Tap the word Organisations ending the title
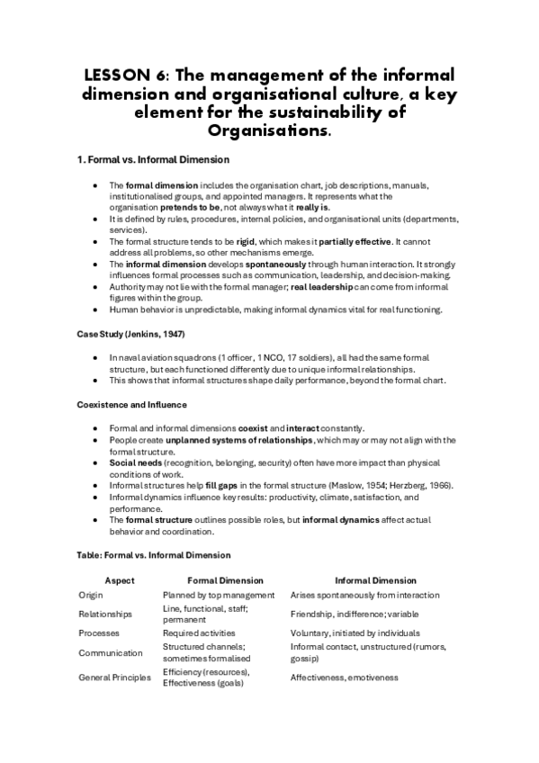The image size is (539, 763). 269,131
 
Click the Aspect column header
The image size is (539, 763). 120,580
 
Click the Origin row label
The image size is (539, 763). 92,595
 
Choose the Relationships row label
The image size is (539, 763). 105,615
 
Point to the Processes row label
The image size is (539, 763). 99,633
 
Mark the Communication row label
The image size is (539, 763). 110,652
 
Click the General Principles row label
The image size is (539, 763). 114,677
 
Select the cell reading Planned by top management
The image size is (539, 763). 218,595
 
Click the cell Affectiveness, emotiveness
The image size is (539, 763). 344,677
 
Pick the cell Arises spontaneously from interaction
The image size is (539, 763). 364,595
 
